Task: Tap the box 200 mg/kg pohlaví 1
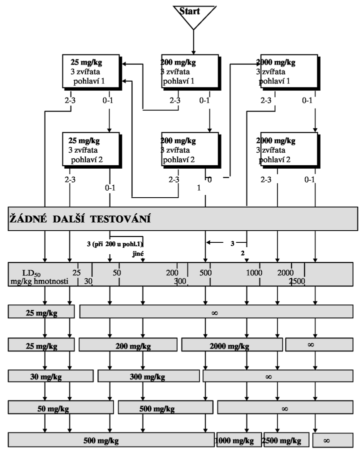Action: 191,72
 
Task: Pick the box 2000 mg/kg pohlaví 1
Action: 290,72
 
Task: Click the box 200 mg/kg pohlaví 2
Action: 191,150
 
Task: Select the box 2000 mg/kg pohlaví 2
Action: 290,150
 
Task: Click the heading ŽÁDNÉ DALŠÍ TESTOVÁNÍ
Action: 80,219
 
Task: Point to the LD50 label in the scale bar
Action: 31,273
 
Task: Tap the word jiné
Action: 138,254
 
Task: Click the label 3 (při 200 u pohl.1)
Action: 115,244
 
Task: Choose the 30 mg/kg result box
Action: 50,376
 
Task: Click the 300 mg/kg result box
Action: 148,376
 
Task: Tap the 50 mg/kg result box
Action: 61,408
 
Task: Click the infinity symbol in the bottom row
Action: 326,440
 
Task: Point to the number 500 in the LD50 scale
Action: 205,272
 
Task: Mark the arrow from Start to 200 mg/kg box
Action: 193,42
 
